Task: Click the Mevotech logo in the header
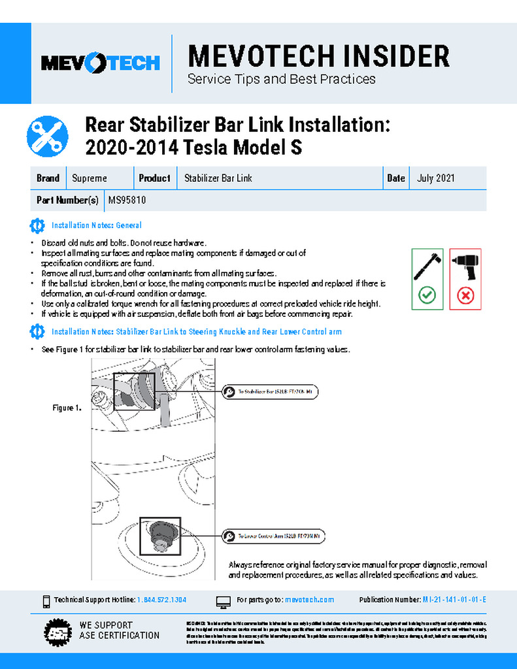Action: pos(100,63)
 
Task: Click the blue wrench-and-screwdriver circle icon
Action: pos(47,136)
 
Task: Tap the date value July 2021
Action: pos(435,178)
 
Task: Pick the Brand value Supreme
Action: pos(90,178)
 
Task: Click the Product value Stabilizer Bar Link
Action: pos(218,178)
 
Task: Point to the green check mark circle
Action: pos(427,295)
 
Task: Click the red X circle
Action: pos(465,295)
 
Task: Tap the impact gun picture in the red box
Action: pos(465,264)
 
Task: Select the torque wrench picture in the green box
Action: pos(427,264)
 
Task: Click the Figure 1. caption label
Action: pos(67,408)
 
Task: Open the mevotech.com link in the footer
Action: pos(310,600)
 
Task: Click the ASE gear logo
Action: pos(58,631)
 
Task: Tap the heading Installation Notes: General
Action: pos(96,225)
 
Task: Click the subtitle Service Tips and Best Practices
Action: pos(281,80)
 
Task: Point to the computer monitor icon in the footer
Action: pos(223,600)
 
